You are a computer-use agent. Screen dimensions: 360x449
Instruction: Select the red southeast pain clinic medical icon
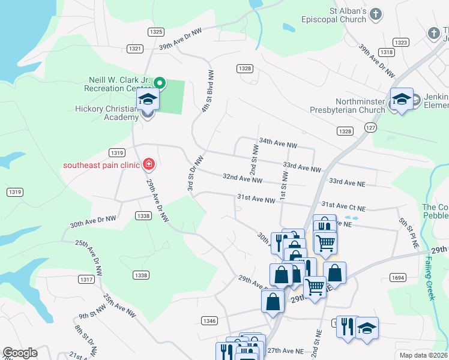point(149,164)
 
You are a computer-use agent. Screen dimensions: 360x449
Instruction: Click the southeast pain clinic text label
point(101,165)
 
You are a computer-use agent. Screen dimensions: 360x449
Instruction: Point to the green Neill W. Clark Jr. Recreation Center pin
point(160,83)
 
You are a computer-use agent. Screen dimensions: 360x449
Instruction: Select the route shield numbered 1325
point(156,32)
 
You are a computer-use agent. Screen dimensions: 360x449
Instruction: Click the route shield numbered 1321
point(135,49)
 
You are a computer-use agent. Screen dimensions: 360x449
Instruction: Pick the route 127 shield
point(370,127)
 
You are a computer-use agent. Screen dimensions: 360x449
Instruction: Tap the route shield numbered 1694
point(398,277)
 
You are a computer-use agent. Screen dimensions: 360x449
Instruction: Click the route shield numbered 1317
point(87,280)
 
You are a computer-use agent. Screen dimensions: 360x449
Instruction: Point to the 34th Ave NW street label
point(278,144)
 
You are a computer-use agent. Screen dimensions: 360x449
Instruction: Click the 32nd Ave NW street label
point(243,178)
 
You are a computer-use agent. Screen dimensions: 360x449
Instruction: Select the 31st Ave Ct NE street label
point(343,205)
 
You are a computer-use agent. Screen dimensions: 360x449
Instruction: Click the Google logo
point(20,353)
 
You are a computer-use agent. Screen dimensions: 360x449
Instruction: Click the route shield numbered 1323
point(401,42)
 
